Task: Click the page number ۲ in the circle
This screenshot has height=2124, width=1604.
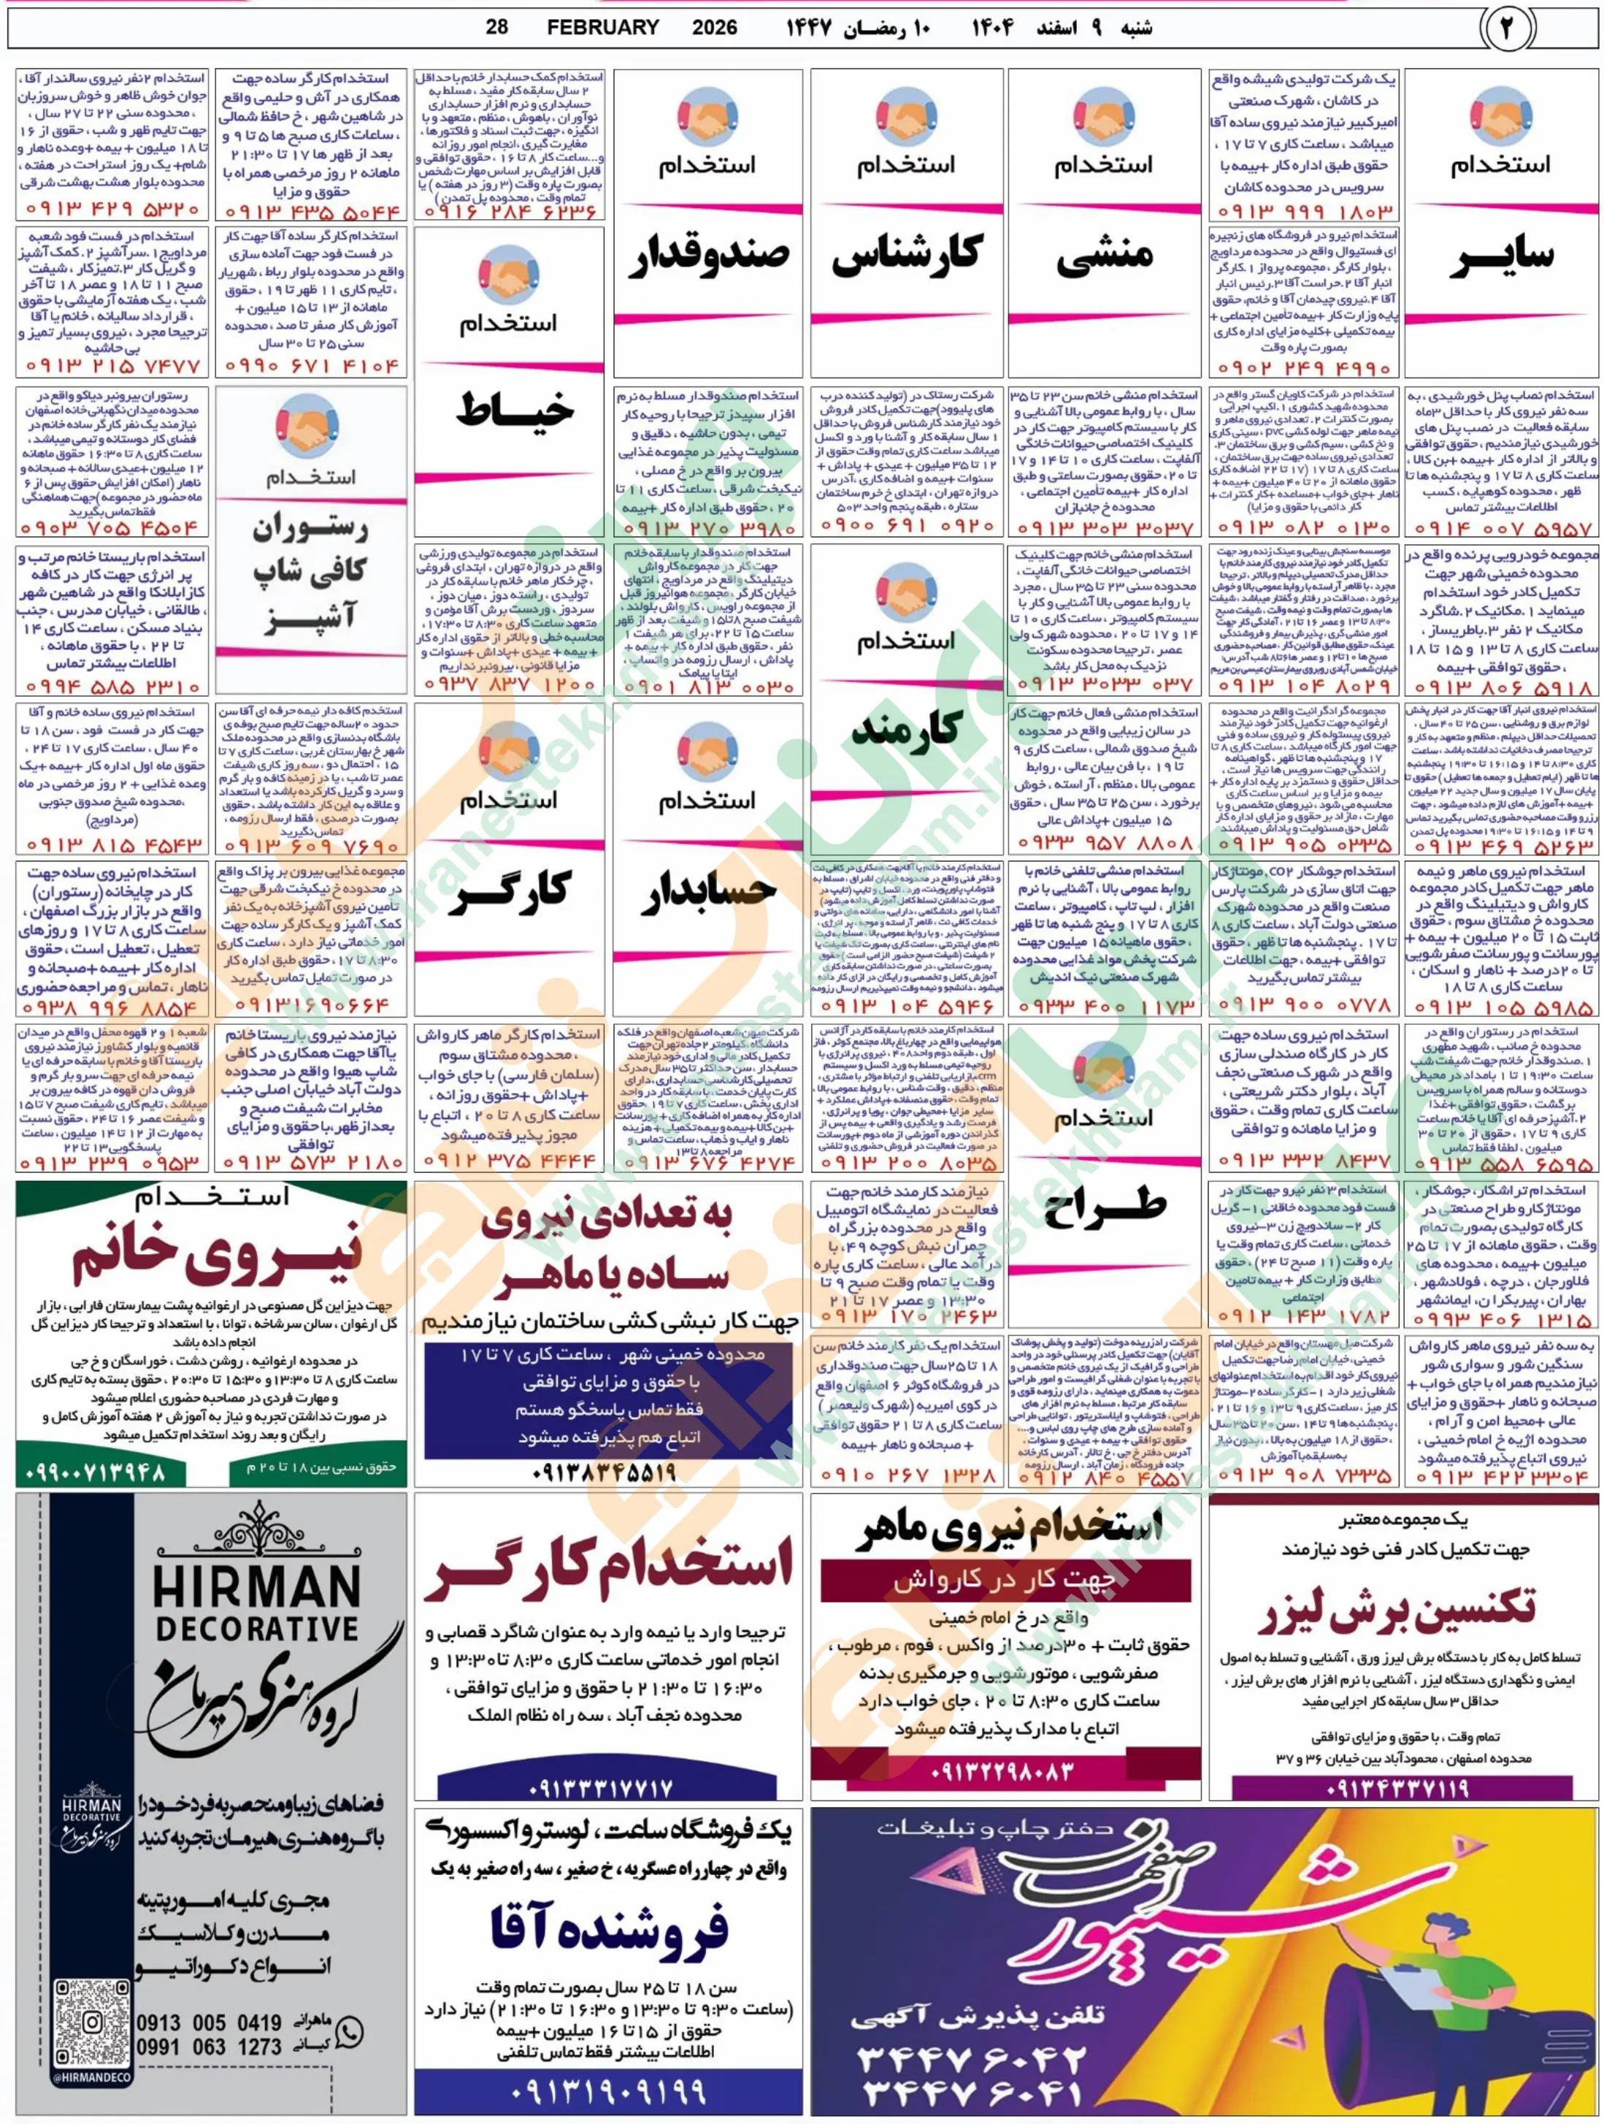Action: pos(1504,28)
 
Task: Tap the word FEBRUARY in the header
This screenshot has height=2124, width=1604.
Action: pos(603,28)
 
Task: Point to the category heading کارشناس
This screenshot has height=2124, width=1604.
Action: pos(906,256)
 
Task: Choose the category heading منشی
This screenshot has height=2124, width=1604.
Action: pos(1103,257)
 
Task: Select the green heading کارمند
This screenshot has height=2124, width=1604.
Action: pos(905,730)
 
